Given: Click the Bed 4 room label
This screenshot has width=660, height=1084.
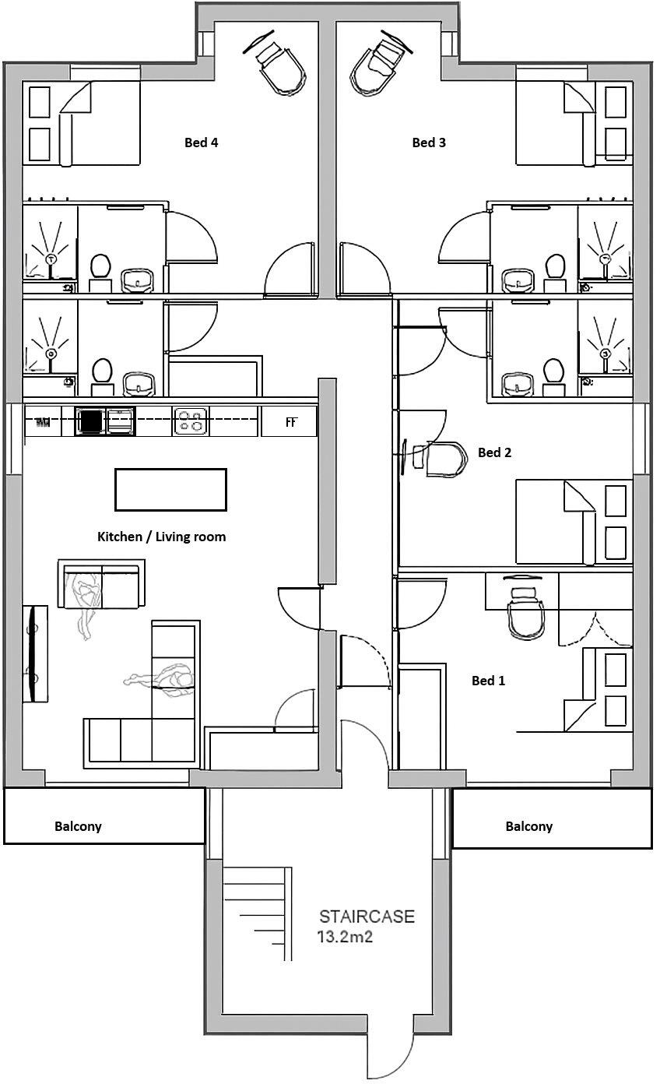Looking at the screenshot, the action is pos(200,143).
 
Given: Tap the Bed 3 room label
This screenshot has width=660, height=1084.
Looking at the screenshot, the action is pos(428,143).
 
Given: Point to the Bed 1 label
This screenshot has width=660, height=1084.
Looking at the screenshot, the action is pos(488,680).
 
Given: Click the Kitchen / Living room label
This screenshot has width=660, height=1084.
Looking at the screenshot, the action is pos(161,537).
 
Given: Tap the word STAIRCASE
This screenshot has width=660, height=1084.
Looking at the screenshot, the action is pos(366,917).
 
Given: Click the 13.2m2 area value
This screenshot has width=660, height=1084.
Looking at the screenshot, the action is pos(345,937).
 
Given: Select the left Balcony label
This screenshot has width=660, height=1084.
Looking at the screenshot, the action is pos(78,826).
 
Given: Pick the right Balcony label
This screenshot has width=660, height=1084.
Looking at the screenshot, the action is pos(528,826).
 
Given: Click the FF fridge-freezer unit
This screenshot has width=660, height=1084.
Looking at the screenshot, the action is pos(291,423).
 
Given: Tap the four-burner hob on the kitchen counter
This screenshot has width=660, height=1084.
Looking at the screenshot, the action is pos(191,421).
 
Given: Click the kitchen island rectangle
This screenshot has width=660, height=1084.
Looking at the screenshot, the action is pos(170,489).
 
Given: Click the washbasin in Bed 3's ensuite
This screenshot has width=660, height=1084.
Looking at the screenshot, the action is pos(516,280).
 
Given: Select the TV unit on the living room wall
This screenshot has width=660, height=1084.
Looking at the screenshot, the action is pos(34,653).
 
